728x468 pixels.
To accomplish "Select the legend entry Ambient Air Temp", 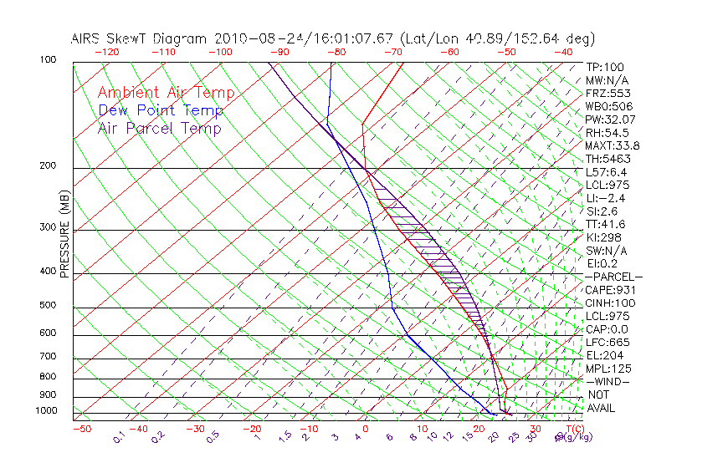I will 166,93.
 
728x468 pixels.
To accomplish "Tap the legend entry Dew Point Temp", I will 161,110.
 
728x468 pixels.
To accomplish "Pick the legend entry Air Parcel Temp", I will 159,128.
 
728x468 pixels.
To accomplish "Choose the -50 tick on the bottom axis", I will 81,430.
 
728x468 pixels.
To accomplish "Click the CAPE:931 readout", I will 609,290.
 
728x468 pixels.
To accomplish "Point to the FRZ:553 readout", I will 608,93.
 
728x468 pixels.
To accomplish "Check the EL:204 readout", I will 604,355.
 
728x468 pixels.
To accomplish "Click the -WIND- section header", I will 608,381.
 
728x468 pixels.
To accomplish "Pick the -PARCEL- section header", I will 613,277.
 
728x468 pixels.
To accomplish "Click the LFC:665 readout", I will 608,343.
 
